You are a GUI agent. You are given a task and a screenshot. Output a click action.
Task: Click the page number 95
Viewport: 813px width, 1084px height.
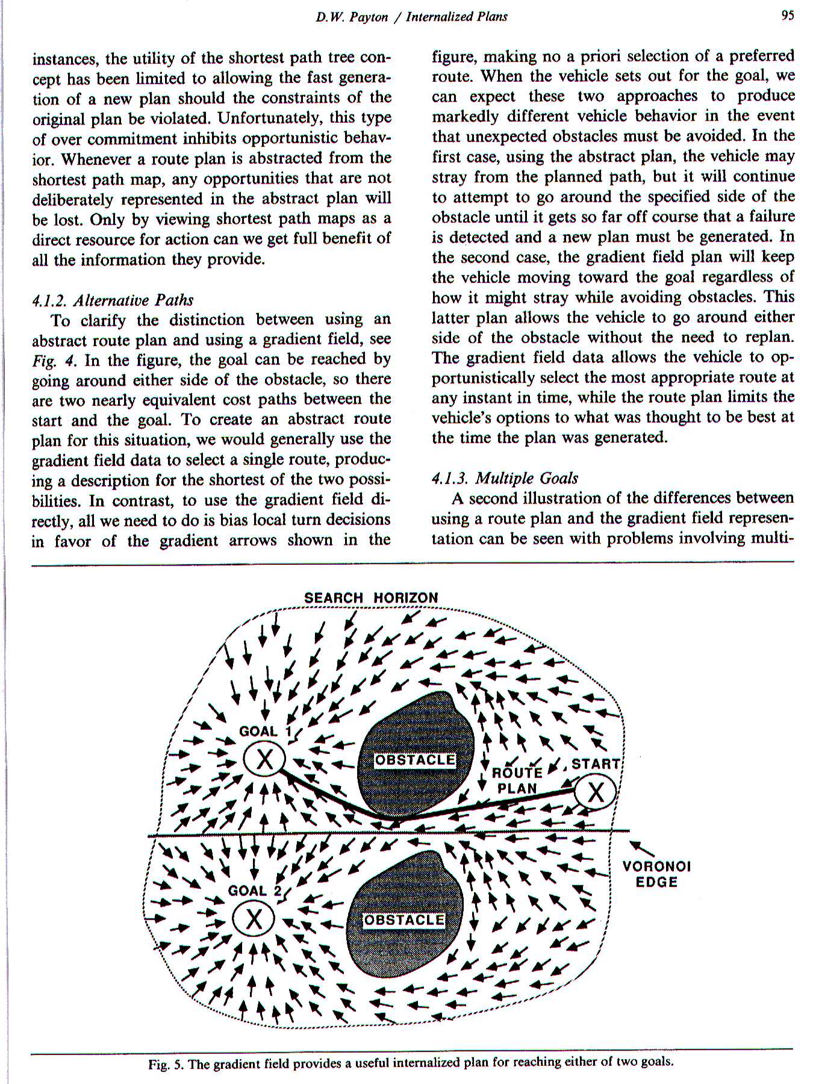pyautogui.click(x=787, y=16)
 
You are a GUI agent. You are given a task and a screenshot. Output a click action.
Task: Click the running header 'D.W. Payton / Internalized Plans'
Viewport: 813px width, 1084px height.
pyautogui.click(x=412, y=17)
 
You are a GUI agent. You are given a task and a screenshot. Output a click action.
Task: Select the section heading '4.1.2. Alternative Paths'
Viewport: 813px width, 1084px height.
pyautogui.click(x=113, y=299)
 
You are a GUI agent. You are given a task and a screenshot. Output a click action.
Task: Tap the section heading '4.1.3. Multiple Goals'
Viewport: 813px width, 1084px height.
pyautogui.click(x=505, y=478)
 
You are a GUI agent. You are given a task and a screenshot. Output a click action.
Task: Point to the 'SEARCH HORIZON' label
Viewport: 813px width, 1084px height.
pyautogui.click(x=371, y=598)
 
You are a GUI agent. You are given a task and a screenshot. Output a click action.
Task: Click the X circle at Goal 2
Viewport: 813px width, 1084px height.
pyautogui.click(x=254, y=920)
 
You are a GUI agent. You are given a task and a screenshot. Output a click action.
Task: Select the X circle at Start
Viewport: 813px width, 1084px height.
pyautogui.click(x=595, y=793)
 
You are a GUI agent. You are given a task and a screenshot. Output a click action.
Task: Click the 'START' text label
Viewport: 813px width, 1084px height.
pyautogui.click(x=595, y=764)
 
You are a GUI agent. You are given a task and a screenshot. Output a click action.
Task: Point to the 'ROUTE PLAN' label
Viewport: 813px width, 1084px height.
pyautogui.click(x=517, y=780)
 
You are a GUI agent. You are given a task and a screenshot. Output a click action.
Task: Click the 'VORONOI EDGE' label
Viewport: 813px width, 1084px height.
pyautogui.click(x=656, y=874)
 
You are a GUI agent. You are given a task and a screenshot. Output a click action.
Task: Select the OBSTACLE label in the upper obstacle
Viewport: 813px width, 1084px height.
pyautogui.click(x=414, y=760)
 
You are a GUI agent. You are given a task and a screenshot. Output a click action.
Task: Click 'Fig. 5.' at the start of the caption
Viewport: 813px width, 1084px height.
pyautogui.click(x=166, y=1064)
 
